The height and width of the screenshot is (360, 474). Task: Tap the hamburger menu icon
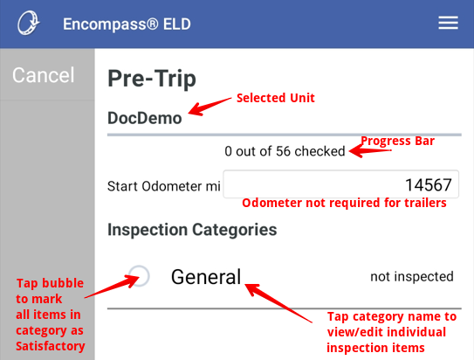(448, 23)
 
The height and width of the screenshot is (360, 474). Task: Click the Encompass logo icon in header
(29, 23)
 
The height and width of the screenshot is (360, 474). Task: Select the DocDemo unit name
(144, 118)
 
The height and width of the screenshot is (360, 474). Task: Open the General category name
(206, 277)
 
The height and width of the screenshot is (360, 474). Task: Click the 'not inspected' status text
(412, 277)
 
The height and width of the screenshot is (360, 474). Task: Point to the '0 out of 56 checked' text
(285, 151)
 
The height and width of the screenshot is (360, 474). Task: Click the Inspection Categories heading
(192, 230)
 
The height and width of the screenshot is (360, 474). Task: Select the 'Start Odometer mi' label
(163, 185)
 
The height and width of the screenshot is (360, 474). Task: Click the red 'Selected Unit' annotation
(275, 98)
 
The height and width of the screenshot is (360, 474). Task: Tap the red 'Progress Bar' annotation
(398, 141)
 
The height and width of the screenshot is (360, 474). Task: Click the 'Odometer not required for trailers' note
(344, 204)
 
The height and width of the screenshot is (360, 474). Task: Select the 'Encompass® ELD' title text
(127, 24)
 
